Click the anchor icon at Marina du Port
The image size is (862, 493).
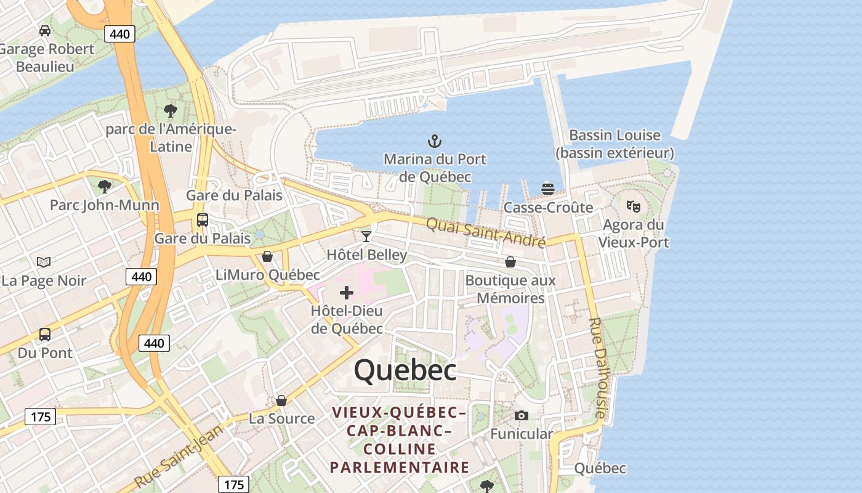coord(435,141)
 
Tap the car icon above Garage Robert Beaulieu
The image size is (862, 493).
coord(45,30)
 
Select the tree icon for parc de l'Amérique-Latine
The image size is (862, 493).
coord(171,111)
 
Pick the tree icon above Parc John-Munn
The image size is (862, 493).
coord(105,186)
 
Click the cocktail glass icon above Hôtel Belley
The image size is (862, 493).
coord(366,236)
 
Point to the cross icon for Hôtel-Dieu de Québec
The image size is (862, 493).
coord(347,293)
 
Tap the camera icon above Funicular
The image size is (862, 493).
coord(521,415)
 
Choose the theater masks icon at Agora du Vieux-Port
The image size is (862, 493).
coord(633,206)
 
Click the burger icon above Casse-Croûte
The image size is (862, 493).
coord(547,189)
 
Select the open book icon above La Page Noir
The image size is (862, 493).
coord(44,262)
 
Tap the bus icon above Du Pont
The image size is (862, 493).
coord(45,335)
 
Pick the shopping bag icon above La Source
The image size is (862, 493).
coord(281,401)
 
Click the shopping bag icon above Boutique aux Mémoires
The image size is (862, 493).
coord(510,262)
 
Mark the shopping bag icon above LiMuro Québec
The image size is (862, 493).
coord(267,256)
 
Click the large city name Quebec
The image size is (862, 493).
coord(405,370)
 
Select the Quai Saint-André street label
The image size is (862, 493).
coord(486,232)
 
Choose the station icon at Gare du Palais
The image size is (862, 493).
coord(202,220)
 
